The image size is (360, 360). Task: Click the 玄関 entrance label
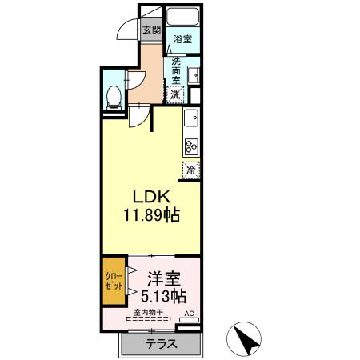click(151, 30)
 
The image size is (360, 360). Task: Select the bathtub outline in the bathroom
click(183, 21)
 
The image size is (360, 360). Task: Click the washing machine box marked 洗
click(176, 93)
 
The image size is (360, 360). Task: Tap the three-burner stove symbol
click(192, 146)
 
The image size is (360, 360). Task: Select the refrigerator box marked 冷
click(191, 169)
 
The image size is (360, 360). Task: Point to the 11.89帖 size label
click(150, 214)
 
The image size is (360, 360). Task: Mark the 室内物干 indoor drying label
click(148, 313)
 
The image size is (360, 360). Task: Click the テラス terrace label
click(162, 344)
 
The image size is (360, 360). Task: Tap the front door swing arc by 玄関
click(129, 32)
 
